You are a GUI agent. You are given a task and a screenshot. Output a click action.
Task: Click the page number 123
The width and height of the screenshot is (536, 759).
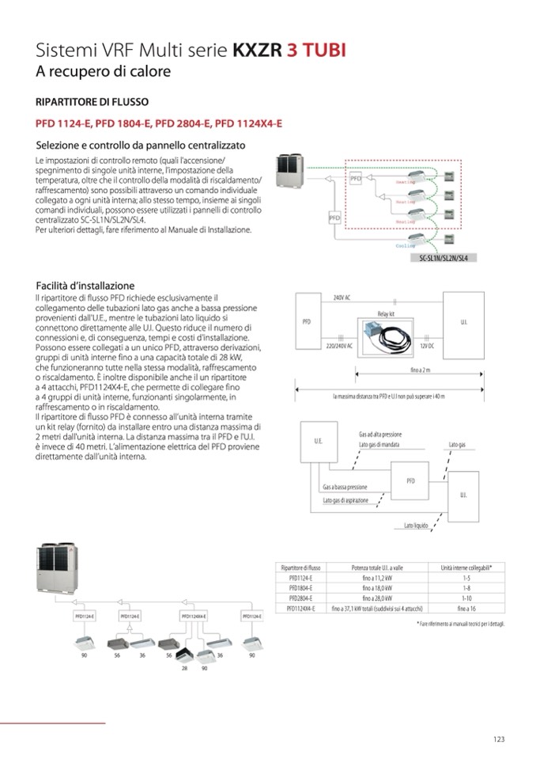click(498, 739)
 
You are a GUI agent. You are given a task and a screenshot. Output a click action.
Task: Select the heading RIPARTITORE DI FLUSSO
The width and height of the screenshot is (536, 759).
click(92, 102)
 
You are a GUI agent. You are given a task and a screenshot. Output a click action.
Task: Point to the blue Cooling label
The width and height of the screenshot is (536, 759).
click(405, 246)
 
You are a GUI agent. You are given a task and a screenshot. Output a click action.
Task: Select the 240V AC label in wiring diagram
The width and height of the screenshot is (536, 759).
click(342, 296)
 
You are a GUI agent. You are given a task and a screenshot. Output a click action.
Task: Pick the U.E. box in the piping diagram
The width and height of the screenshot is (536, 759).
click(318, 440)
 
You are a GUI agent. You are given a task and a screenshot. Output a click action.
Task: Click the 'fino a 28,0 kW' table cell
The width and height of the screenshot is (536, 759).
click(375, 598)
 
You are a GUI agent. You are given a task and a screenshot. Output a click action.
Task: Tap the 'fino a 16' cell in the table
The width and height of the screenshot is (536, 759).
click(467, 609)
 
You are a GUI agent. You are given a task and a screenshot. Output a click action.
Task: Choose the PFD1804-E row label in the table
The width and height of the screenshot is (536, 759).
click(300, 588)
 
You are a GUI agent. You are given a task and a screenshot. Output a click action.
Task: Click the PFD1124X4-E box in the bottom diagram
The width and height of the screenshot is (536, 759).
click(194, 615)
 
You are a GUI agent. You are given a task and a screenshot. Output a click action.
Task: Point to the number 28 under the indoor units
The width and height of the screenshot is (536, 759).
click(184, 668)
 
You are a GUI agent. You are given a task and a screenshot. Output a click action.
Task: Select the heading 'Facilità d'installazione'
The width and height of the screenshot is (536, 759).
click(85, 286)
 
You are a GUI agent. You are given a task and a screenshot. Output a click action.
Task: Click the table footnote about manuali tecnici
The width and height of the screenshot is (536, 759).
click(461, 624)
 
